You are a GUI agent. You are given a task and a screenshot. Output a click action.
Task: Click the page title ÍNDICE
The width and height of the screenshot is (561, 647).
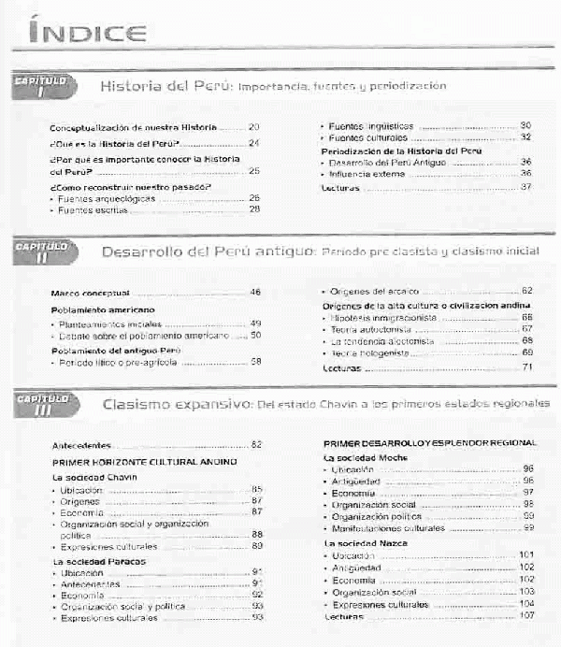point(87,34)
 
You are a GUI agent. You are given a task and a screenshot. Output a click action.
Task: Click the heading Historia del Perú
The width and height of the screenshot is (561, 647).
point(165,86)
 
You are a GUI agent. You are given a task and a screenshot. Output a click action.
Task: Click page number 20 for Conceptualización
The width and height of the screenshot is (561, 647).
point(253,126)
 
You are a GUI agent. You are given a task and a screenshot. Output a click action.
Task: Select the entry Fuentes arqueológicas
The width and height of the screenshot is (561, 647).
point(108,198)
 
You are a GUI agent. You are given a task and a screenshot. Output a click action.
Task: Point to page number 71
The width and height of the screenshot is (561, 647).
point(527,367)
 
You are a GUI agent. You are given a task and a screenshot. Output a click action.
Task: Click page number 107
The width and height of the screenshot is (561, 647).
point(525,617)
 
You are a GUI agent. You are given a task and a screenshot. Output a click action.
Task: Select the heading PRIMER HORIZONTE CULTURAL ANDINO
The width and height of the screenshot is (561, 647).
point(145,462)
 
